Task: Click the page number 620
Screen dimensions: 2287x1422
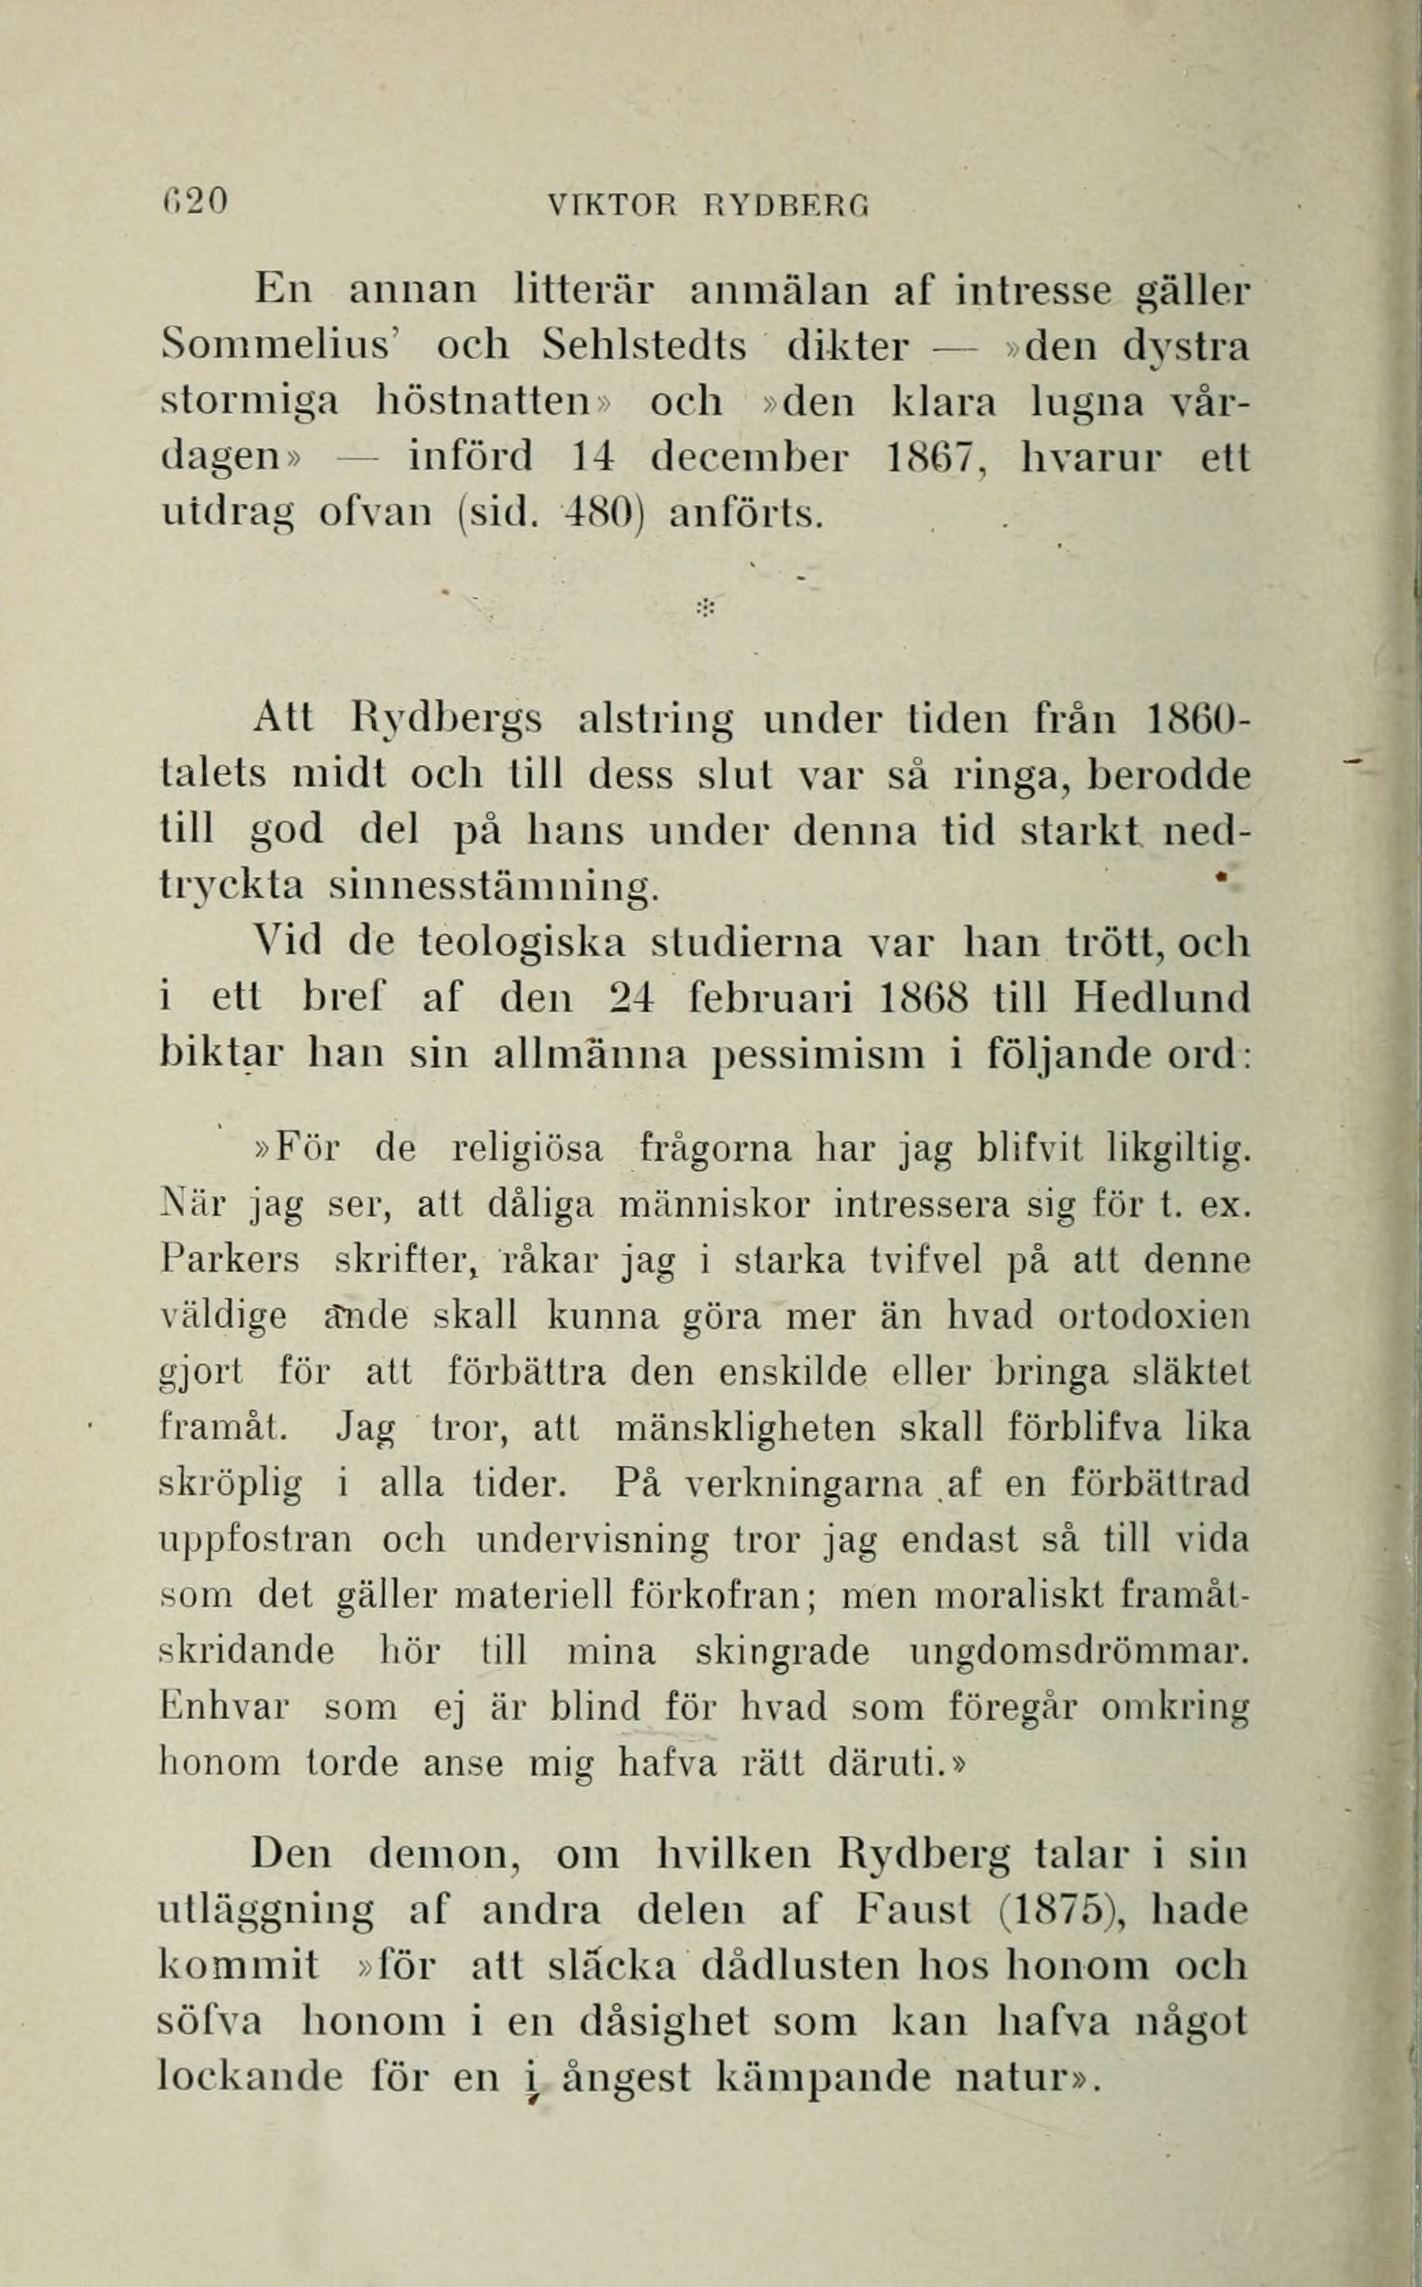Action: (x=196, y=202)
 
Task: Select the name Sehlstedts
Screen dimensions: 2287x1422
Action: (x=645, y=347)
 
